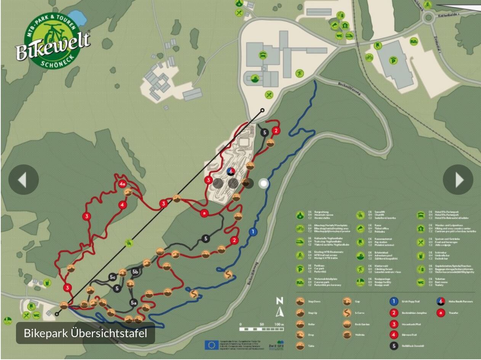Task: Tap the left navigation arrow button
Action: (24, 180)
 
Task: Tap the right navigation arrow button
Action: (458, 180)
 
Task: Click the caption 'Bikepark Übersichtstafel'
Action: (85, 333)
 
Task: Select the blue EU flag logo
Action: (211, 345)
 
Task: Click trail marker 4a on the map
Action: (122, 184)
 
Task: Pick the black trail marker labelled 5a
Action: (133, 303)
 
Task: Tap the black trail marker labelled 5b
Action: (135, 272)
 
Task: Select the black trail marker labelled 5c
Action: (112, 277)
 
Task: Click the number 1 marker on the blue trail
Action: (253, 231)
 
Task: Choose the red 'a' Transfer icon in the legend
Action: (441, 313)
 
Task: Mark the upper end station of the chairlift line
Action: (262, 110)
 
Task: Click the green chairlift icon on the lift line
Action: (130, 242)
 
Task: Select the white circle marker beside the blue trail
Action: (263, 184)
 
